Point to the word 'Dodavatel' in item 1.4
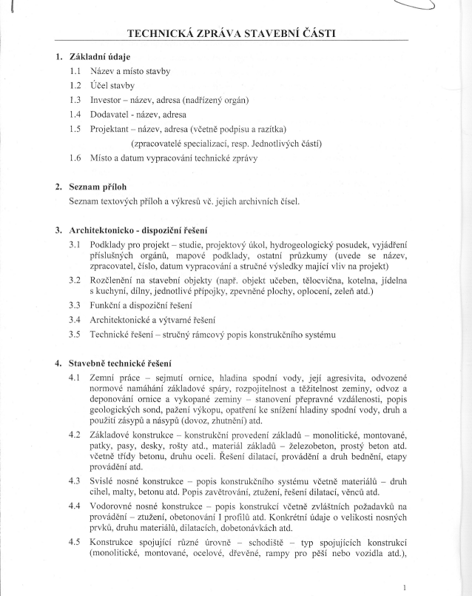tap(112, 115)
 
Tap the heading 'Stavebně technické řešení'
tap(120, 364)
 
